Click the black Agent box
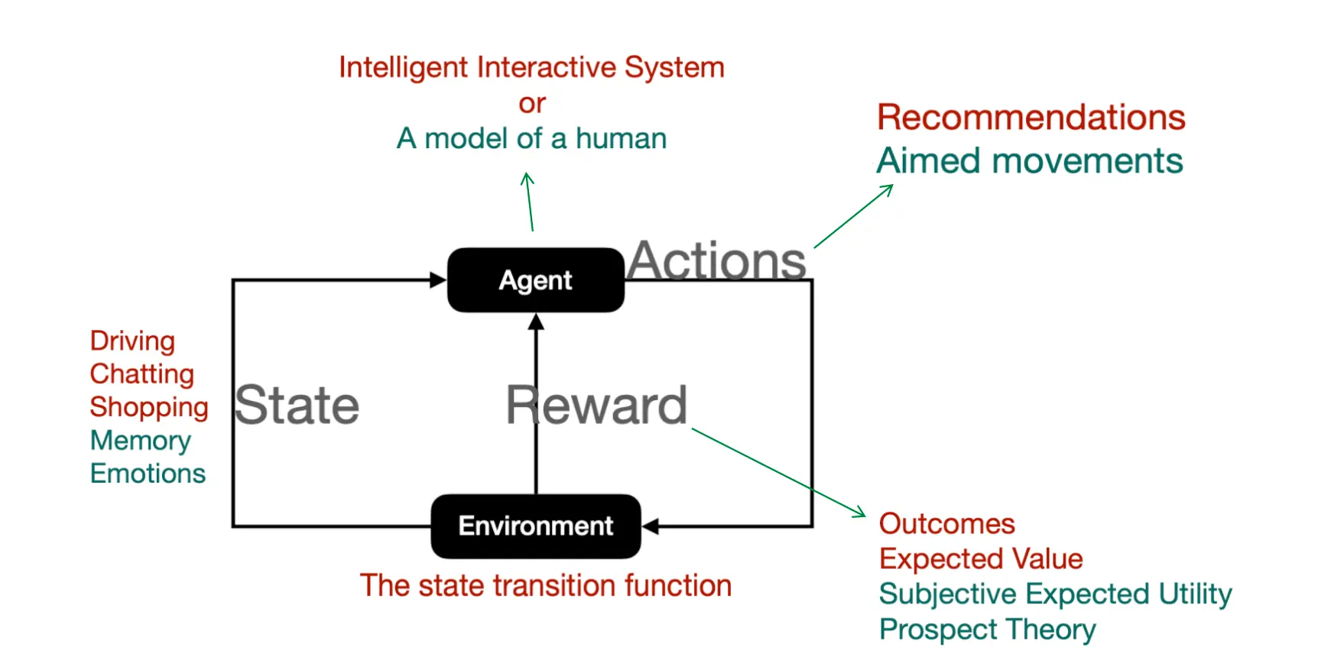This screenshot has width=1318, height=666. (536, 280)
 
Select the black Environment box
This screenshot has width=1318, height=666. (536, 526)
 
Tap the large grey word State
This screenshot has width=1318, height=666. (297, 405)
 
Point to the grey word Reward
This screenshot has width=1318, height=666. (596, 405)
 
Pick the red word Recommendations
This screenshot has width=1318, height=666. (1031, 118)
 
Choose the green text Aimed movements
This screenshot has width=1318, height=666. (1030, 161)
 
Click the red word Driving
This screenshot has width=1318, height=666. (132, 341)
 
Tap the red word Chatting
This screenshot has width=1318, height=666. (142, 374)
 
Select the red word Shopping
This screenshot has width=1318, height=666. (149, 407)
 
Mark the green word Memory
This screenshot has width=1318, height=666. (141, 441)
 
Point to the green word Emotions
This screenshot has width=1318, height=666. (148, 474)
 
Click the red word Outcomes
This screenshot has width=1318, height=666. (947, 524)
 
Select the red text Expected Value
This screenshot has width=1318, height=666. (981, 559)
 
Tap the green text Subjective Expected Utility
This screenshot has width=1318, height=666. (1056, 594)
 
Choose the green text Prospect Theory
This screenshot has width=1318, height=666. (988, 629)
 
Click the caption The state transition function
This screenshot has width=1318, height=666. (546, 586)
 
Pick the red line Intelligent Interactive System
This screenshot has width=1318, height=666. (531, 67)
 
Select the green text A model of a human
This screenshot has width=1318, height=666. (531, 139)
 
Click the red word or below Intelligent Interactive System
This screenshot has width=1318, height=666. (532, 104)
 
